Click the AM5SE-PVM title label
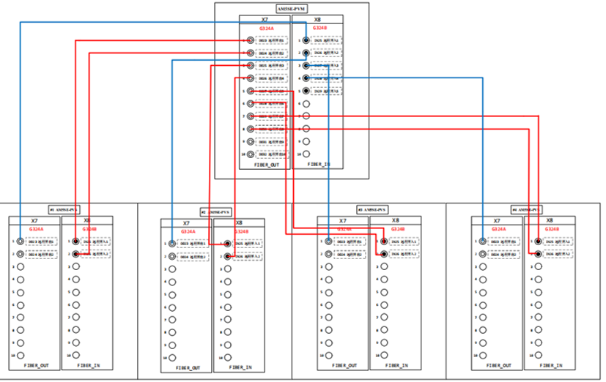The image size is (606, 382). (292, 8)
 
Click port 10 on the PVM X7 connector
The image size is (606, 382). (251, 154)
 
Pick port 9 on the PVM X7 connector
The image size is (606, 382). (251, 141)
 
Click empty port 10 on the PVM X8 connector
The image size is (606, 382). (306, 154)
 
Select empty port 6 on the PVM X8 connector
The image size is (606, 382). (306, 104)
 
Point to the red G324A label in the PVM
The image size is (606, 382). (266, 29)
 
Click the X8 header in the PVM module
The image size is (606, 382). (317, 20)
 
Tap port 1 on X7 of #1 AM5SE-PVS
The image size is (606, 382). (21, 241)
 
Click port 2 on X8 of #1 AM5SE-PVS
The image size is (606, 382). (75, 253)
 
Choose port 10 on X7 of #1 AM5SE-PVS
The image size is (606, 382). (21, 355)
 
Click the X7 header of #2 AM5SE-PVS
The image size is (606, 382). (186, 222)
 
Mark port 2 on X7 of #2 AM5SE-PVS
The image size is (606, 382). (172, 256)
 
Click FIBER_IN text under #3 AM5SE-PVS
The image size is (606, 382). (394, 364)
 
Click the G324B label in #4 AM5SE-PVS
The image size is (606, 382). (550, 229)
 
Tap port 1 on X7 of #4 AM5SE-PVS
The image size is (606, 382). (482, 241)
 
